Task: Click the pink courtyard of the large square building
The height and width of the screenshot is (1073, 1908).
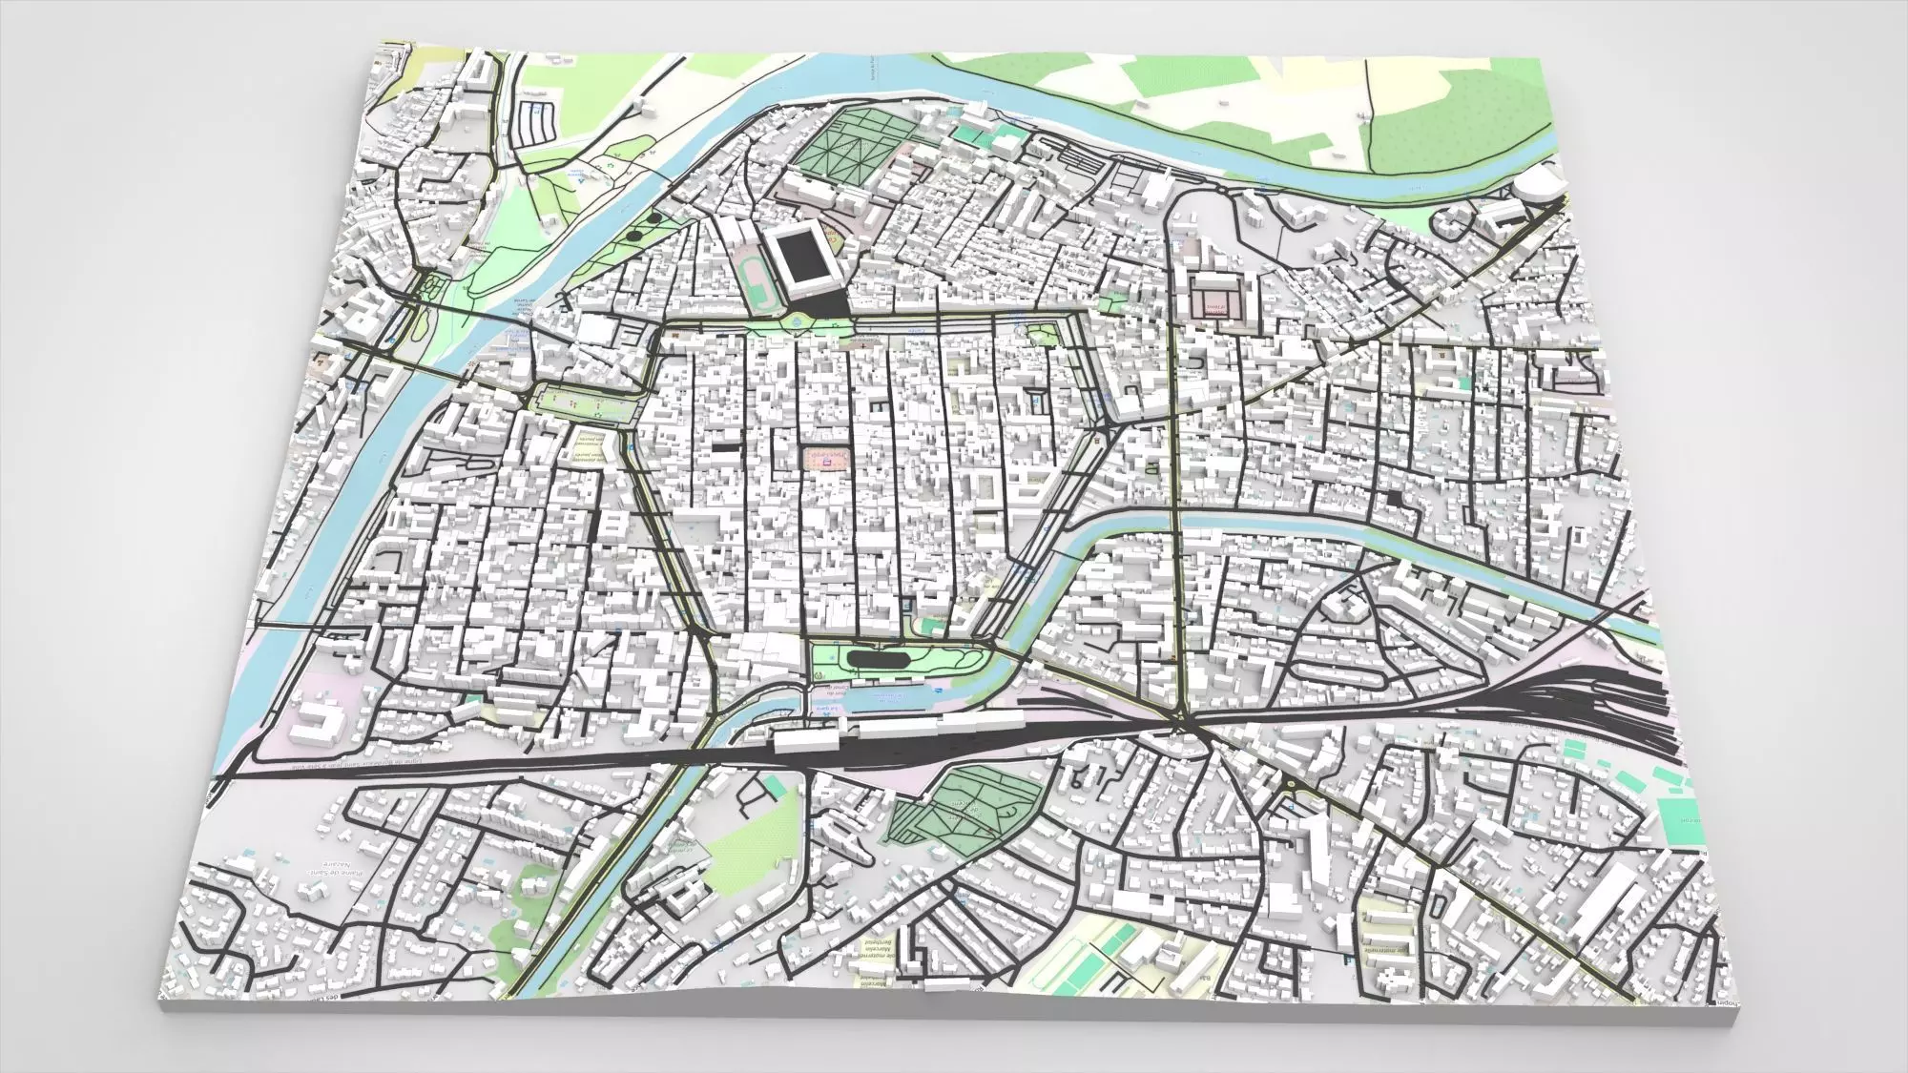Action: [1216, 303]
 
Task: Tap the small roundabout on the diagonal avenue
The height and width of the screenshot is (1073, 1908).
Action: [1291, 784]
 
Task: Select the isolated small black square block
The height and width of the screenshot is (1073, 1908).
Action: [1396, 498]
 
